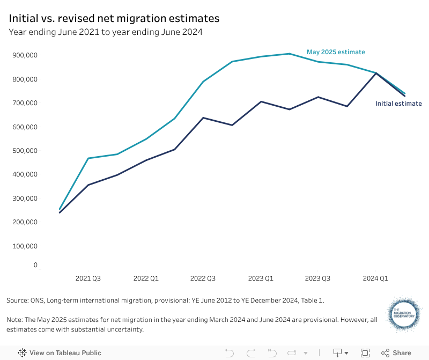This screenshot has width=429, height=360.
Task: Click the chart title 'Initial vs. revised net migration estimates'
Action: pyautogui.click(x=114, y=18)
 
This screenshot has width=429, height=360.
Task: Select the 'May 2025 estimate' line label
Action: pyautogui.click(x=336, y=52)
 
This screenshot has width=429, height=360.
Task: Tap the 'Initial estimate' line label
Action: pyautogui.click(x=398, y=104)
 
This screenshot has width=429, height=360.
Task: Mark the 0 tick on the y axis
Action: pyautogui.click(x=35, y=265)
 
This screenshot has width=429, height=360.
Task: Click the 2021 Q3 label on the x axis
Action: pyautogui.click(x=88, y=278)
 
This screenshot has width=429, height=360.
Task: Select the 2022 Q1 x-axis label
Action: pyautogui.click(x=146, y=278)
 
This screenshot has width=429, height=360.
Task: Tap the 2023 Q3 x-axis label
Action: pyautogui.click(x=317, y=278)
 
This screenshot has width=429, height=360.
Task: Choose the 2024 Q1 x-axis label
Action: pyautogui.click(x=375, y=278)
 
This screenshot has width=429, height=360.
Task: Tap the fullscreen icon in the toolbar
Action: pyautogui.click(x=365, y=353)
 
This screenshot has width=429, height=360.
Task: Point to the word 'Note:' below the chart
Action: pyautogui.click(x=16, y=319)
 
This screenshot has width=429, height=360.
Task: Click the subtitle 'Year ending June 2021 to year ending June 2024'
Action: pyautogui.click(x=105, y=32)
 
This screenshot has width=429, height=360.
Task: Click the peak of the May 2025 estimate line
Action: pyautogui.click(x=289, y=54)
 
